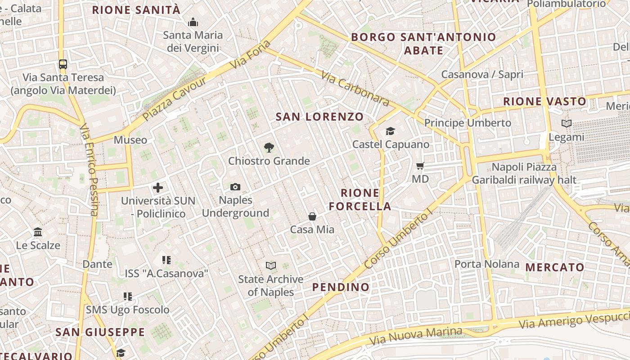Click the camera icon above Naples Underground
(x=235, y=187)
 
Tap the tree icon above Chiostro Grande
(x=269, y=147)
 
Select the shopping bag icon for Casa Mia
(x=312, y=216)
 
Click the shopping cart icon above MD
(x=420, y=166)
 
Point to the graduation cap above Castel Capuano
(x=390, y=131)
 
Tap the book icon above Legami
(x=567, y=123)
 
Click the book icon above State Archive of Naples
(x=270, y=265)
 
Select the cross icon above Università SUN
(x=158, y=188)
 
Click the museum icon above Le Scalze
(x=38, y=232)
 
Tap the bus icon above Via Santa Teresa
(x=63, y=64)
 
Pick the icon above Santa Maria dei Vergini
(x=193, y=22)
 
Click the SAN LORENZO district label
(x=319, y=117)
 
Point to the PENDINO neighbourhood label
(x=341, y=287)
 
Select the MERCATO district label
(x=555, y=267)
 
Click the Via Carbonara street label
(x=355, y=88)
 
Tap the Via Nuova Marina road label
(x=415, y=336)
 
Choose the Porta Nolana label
(x=487, y=264)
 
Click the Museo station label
(x=130, y=140)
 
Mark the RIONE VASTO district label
(x=544, y=102)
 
